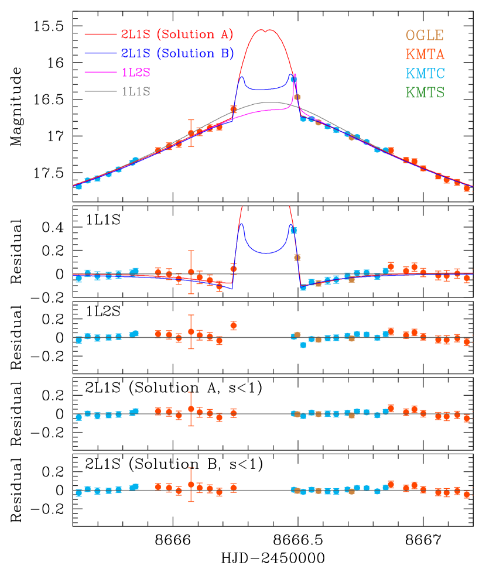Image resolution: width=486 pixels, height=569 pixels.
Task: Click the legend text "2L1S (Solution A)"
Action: click(x=177, y=35)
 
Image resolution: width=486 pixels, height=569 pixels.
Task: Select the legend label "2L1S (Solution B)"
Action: click(x=177, y=54)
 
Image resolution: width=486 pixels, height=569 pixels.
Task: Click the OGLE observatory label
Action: click(x=425, y=35)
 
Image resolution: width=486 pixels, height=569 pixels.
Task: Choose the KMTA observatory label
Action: click(x=425, y=54)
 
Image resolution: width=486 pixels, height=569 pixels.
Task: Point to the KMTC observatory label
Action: click(x=425, y=74)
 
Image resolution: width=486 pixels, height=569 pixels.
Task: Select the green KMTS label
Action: click(x=425, y=92)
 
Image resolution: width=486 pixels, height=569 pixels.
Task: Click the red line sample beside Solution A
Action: click(x=101, y=35)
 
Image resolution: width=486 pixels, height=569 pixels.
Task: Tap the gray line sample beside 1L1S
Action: click(x=101, y=91)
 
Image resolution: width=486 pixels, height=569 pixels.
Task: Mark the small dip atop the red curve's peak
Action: click(x=266, y=31)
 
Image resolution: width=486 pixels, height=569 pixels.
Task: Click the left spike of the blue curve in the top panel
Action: click(x=241, y=77)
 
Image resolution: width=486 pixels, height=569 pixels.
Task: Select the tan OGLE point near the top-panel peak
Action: click(x=297, y=97)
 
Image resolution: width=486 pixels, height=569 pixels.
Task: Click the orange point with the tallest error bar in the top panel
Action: click(x=191, y=133)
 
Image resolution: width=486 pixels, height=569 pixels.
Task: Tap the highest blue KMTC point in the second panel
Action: click(x=293, y=230)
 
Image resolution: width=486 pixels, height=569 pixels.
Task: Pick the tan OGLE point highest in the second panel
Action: click(x=297, y=257)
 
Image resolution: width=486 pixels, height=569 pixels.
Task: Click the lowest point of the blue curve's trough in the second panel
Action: click(x=266, y=253)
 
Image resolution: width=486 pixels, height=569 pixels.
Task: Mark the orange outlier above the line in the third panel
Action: click(x=234, y=325)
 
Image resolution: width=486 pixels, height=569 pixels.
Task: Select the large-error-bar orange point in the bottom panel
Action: click(x=191, y=484)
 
